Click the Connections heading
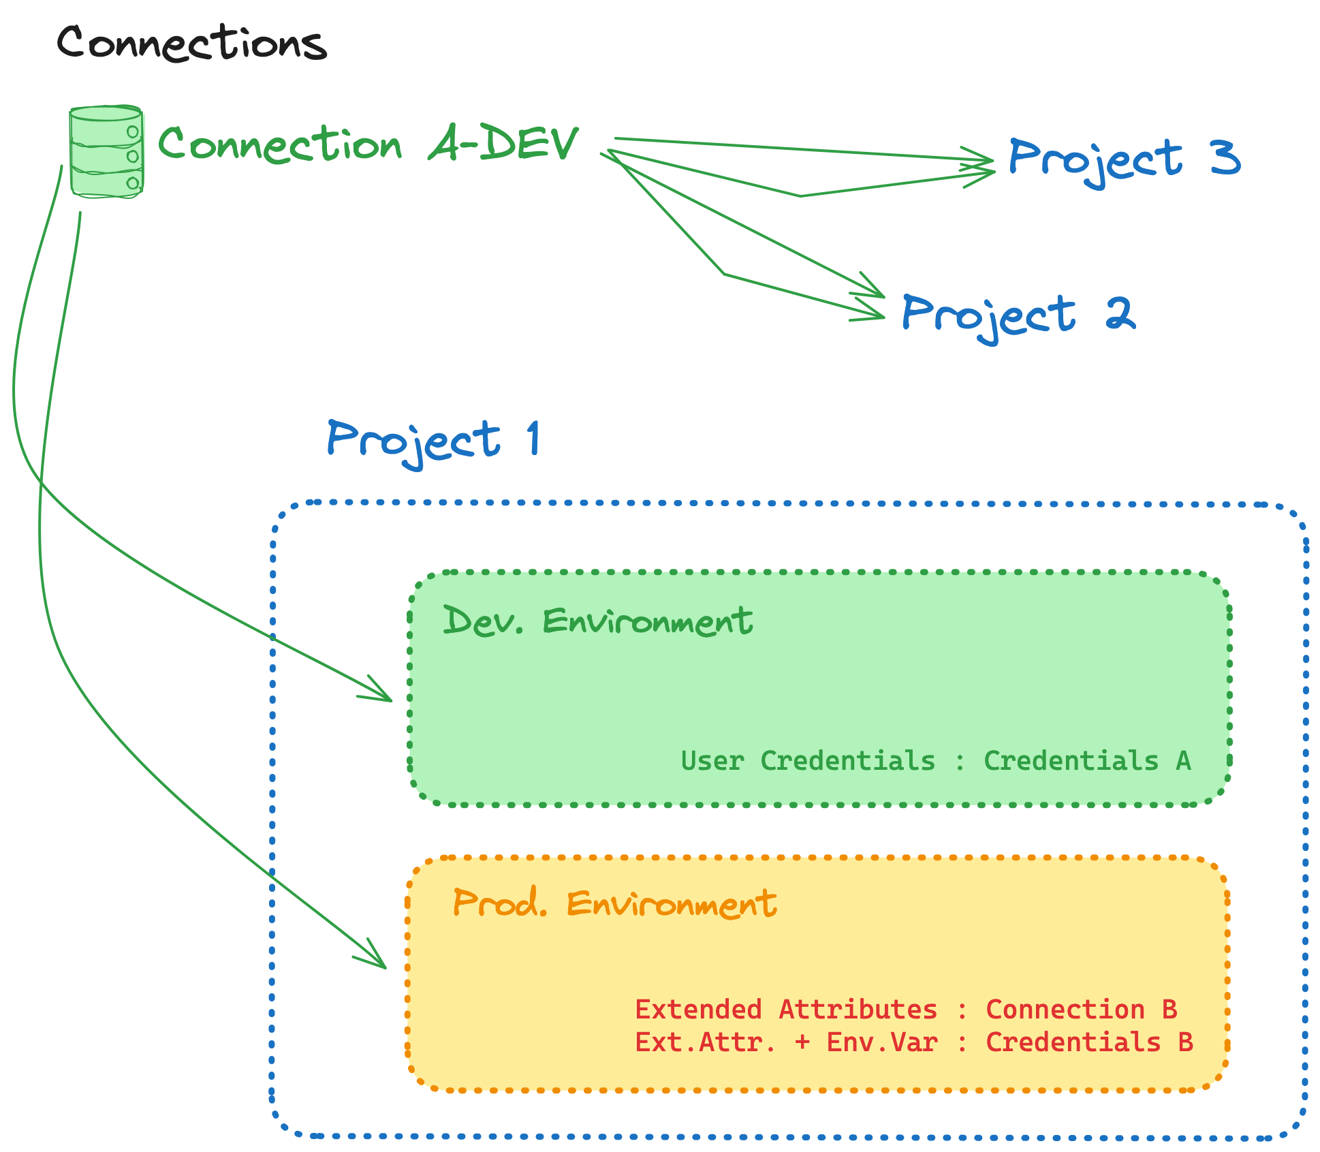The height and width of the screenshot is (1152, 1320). point(191,42)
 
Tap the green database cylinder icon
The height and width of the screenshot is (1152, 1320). point(106,152)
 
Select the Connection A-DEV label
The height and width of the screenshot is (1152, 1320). point(368,144)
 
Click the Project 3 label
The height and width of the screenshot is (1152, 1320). point(1124,159)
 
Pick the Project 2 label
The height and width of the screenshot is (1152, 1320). point(1018,315)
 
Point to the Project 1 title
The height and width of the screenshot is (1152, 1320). point(433,440)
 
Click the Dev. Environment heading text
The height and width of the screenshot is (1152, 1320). point(597,621)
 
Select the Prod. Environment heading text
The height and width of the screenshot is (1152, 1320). point(614,903)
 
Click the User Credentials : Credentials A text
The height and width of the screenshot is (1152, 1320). point(935,761)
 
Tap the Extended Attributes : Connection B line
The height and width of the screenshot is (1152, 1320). point(906,1010)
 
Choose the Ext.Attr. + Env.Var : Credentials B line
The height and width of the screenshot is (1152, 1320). point(913,1042)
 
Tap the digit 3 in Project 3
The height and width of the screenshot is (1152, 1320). point(1225,158)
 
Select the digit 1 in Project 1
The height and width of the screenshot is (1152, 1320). point(534,438)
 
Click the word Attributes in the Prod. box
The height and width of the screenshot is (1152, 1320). point(858,1010)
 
